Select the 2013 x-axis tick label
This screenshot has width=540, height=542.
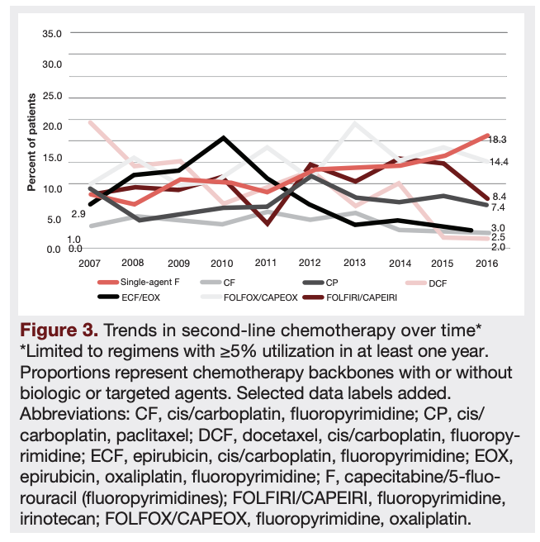(x=354, y=263)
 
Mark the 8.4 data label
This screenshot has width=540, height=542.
(x=499, y=196)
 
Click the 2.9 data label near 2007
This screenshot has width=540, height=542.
(x=78, y=214)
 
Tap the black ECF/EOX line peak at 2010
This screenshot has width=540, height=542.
(x=221, y=138)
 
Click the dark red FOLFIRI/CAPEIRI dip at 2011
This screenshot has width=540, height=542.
(x=267, y=223)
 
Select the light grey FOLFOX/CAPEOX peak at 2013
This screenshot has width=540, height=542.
(x=355, y=124)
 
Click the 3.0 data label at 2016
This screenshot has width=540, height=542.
(x=499, y=228)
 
